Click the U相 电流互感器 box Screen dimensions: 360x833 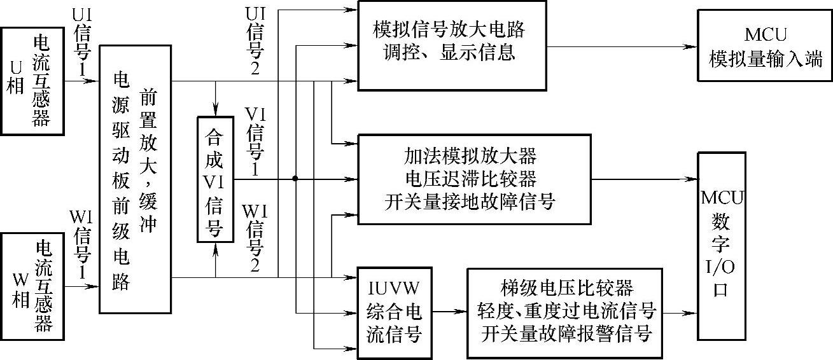[x=32, y=80]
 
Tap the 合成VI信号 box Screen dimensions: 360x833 [x=214, y=179]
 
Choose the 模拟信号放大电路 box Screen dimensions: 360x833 [x=451, y=45]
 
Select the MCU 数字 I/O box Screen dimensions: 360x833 [x=721, y=246]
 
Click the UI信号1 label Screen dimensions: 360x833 [x=82, y=48]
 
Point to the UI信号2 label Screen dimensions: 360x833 [x=253, y=41]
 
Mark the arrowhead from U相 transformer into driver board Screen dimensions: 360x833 [x=93, y=81]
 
